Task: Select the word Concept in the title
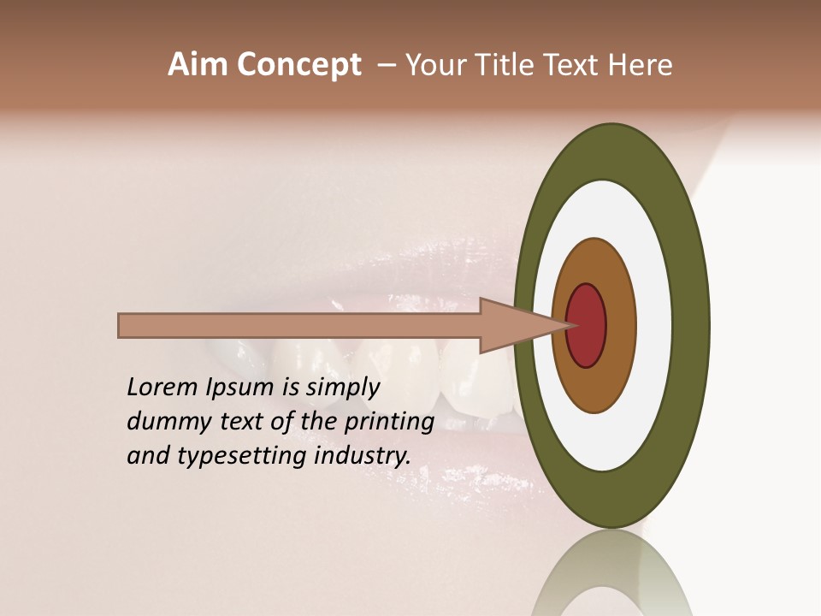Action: [298, 66]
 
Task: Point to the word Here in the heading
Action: [641, 65]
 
